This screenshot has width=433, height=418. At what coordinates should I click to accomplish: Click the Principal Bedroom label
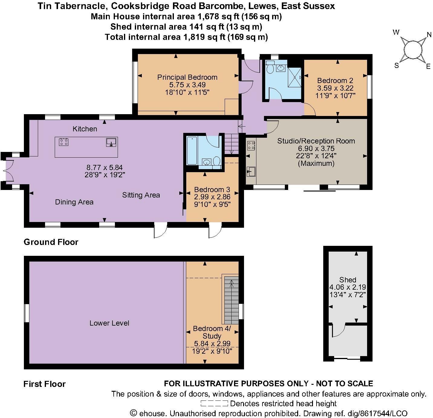[187, 77]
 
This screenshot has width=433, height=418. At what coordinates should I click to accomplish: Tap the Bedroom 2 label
[335, 80]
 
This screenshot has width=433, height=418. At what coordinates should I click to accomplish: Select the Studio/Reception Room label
[316, 141]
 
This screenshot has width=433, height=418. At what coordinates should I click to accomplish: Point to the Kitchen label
[85, 129]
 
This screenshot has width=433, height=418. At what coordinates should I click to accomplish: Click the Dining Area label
[74, 202]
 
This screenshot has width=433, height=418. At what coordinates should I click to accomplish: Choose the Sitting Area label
[141, 195]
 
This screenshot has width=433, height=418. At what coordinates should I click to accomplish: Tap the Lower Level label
[109, 323]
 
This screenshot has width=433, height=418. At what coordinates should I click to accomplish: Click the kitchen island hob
[63, 142]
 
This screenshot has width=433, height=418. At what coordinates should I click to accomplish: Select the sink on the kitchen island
[111, 142]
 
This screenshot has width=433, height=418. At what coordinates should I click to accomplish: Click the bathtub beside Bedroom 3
[192, 151]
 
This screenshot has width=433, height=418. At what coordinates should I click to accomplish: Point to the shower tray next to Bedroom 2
[295, 77]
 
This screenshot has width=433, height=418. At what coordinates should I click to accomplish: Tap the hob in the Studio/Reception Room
[251, 146]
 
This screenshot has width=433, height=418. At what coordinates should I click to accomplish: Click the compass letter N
[429, 35]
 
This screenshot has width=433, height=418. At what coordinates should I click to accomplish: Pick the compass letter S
[396, 65]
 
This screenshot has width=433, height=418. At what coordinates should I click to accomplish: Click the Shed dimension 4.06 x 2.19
[347, 287]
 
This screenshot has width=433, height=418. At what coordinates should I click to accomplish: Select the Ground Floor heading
[51, 242]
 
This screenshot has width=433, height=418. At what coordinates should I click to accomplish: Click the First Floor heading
[44, 384]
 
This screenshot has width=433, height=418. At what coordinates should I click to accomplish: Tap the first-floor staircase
[231, 300]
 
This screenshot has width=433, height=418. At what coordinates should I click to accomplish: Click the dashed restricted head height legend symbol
[214, 403]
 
